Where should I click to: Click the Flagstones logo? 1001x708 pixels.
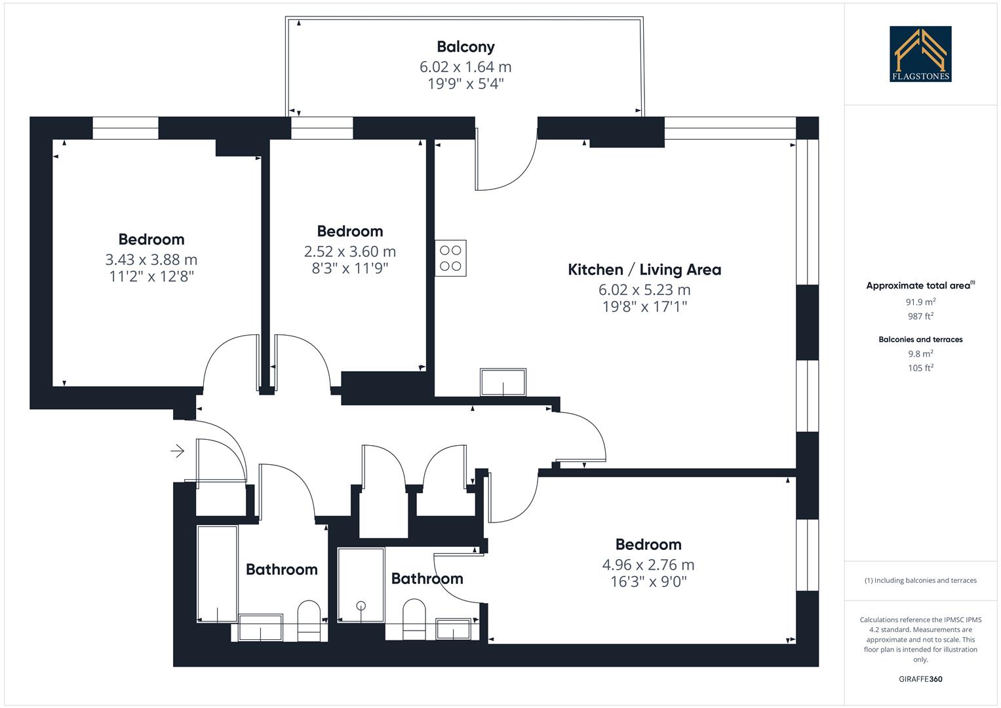pos(920,54)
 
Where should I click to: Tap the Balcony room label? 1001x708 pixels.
pos(465,47)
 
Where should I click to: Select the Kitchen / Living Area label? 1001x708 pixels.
pos(644,269)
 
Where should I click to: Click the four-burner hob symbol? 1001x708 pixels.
pos(450,258)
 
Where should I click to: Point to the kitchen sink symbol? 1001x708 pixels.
pos(503,382)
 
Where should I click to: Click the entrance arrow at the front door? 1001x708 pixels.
pos(177,451)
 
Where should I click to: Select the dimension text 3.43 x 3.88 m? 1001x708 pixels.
pos(151,260)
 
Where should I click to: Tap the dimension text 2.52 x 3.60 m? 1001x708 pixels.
pos(349,252)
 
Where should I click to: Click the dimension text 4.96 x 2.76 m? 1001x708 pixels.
pos(648,564)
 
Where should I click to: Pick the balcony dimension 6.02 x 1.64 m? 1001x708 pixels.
pos(465,67)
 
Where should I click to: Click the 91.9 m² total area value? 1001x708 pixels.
pos(920,302)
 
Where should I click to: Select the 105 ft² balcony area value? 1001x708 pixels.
pos(920,368)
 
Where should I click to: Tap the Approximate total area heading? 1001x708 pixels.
pos(919,286)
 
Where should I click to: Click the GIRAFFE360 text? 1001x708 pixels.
pos(920,679)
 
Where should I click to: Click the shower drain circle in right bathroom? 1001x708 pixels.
pos(361,606)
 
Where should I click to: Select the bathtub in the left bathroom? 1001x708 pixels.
pos(217,574)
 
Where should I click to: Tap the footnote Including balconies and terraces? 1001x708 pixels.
pos(920,580)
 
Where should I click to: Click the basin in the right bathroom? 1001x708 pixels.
pos(453,629)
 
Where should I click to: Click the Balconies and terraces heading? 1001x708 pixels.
pos(920,340)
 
